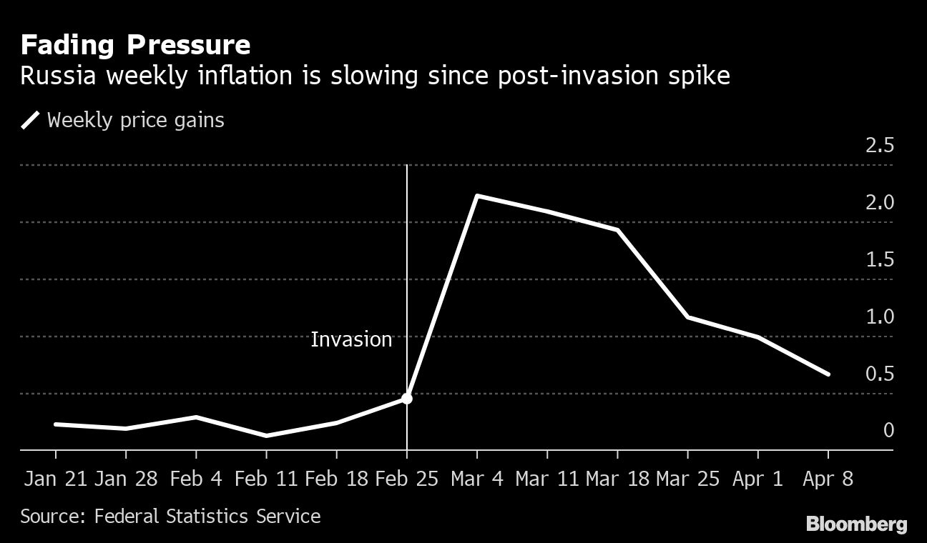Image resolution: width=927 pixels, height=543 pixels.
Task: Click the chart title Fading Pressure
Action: click(135, 46)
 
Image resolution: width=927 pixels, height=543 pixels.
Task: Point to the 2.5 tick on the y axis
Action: click(879, 146)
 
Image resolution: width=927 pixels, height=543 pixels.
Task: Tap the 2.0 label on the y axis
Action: click(879, 203)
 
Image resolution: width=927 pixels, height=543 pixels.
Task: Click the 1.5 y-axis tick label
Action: click(879, 260)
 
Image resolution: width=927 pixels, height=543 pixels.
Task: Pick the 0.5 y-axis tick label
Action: click(879, 374)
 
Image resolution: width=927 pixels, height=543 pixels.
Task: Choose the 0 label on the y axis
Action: click(888, 430)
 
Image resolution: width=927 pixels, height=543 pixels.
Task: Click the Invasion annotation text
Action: click(351, 339)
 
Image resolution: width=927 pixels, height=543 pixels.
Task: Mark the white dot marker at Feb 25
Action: click(406, 398)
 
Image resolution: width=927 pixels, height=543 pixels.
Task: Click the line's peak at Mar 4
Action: click(476, 195)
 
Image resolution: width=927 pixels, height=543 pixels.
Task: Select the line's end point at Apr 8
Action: click(828, 374)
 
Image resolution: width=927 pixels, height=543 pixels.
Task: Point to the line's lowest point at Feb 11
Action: click(266, 435)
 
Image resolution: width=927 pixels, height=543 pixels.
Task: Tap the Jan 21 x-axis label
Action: click(55, 479)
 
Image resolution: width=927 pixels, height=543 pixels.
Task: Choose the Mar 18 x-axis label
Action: click(617, 479)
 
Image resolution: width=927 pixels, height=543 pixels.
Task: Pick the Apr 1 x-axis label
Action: click(757, 479)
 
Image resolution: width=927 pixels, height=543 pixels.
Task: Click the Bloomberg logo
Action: click(856, 524)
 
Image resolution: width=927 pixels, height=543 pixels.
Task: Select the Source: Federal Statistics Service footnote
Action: click(170, 516)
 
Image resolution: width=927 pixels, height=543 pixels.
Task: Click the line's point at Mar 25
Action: click(687, 317)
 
